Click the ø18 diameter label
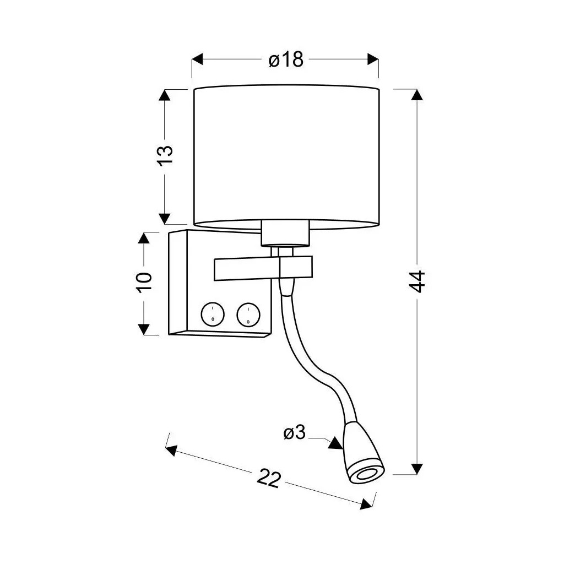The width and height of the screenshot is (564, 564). (x=286, y=59)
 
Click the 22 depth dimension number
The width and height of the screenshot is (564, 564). (x=269, y=479)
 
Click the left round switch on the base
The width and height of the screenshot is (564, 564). (x=212, y=315)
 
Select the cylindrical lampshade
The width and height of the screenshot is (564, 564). (x=286, y=157)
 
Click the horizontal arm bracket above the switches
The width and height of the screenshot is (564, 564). (x=248, y=268)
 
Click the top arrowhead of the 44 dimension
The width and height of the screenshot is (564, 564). (x=417, y=95)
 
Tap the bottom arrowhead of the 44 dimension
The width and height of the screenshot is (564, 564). (x=417, y=468)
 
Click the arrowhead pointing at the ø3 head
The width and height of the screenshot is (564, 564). (x=334, y=442)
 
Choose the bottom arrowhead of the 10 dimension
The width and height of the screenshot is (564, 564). (x=144, y=329)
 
